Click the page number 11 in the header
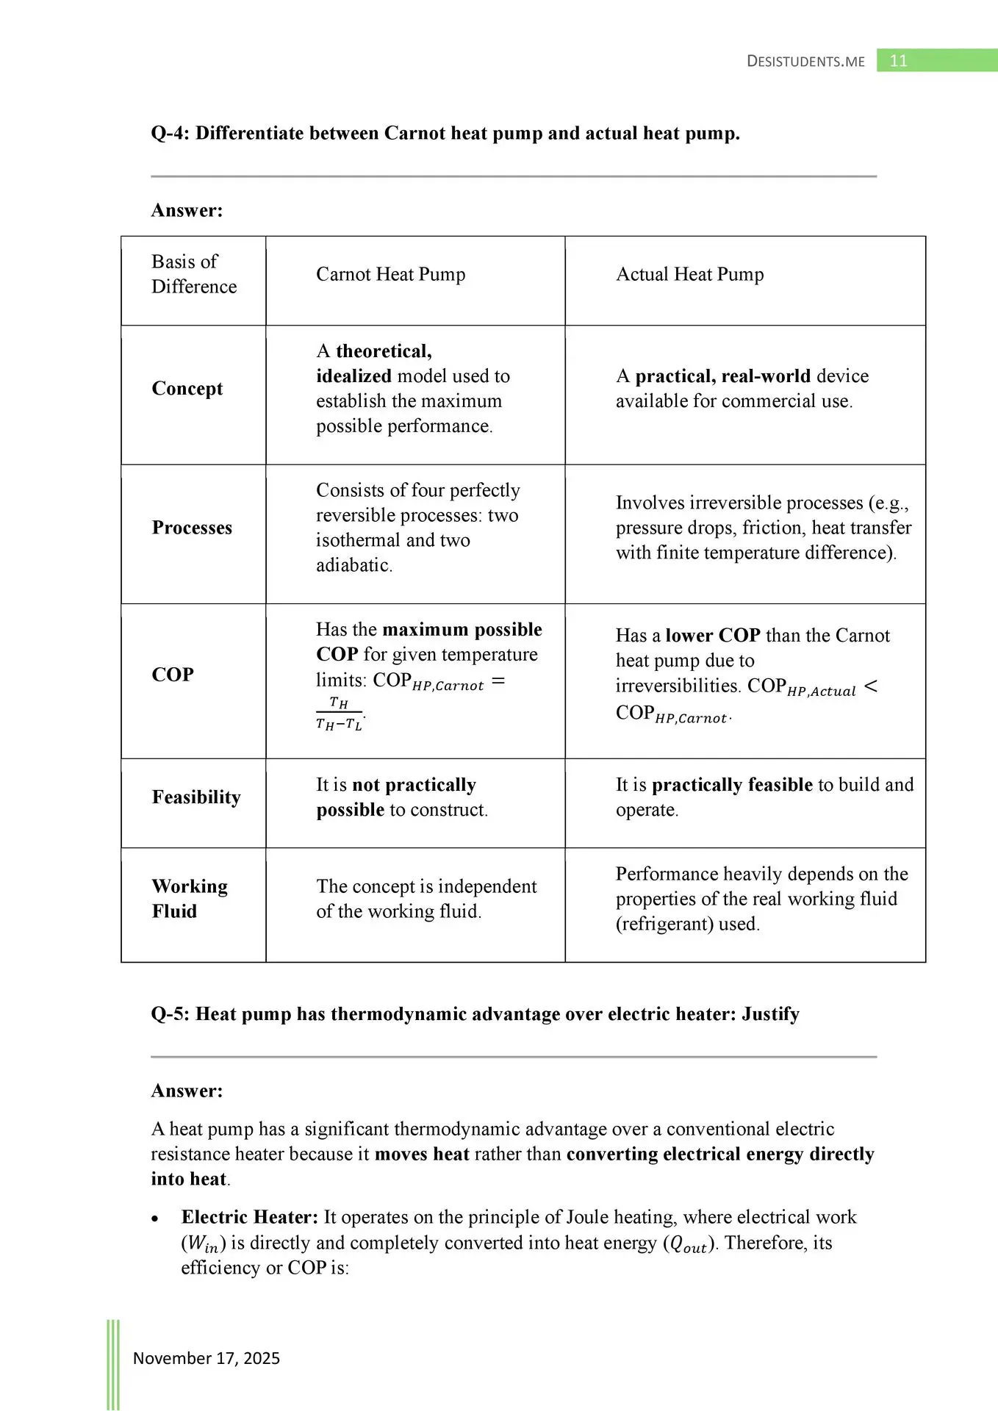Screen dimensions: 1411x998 (898, 61)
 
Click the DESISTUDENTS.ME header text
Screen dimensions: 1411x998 (805, 62)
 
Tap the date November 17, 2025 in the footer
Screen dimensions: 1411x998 (207, 1358)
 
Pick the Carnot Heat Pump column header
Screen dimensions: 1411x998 (390, 274)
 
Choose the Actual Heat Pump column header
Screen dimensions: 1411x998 (689, 274)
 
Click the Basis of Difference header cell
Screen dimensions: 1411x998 (193, 274)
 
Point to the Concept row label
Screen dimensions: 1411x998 (187, 388)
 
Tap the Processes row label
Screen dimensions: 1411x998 (192, 528)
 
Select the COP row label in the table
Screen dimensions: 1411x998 (173, 675)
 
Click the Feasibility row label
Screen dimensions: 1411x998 (196, 797)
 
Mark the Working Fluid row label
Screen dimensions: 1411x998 (189, 899)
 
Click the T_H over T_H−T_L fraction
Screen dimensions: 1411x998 (339, 714)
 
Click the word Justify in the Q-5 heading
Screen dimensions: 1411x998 (770, 1014)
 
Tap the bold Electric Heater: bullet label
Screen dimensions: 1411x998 (249, 1217)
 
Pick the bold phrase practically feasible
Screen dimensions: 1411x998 (732, 785)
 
